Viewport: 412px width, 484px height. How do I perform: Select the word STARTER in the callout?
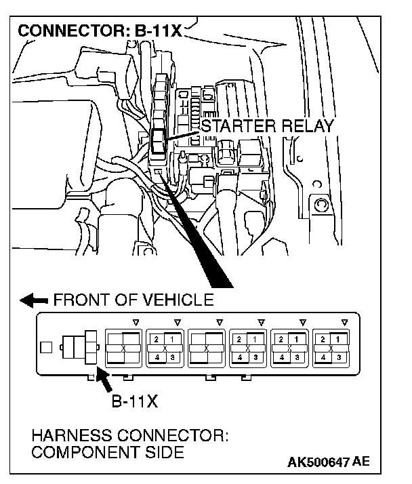(235, 127)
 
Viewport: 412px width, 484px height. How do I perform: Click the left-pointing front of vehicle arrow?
(35, 300)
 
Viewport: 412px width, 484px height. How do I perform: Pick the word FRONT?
(81, 300)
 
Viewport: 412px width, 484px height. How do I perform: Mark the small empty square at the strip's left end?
(45, 348)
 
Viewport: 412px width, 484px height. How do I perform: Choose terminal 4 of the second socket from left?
(155, 357)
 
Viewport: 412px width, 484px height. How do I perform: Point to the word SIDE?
(163, 452)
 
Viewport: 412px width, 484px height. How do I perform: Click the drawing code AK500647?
(318, 463)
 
